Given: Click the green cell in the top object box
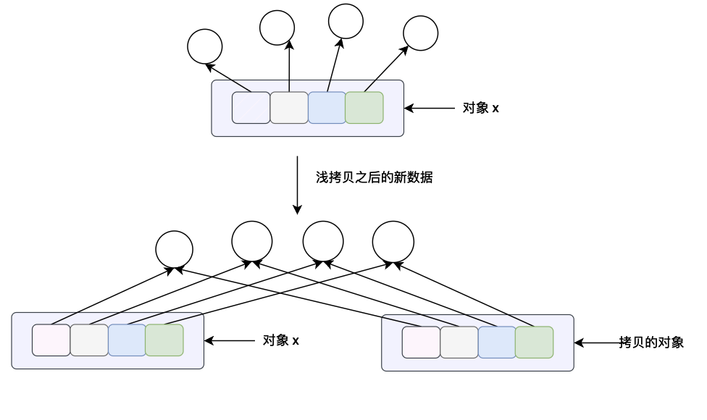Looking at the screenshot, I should click(364, 108).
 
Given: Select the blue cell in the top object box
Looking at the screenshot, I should click(327, 108).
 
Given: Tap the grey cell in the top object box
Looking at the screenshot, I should click(289, 108).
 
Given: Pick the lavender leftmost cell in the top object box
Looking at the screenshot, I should click(251, 108).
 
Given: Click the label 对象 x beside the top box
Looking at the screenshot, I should click(481, 109).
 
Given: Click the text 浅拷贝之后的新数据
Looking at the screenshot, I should click(374, 177).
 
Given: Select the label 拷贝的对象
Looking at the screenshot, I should click(651, 343).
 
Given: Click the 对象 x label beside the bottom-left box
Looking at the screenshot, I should click(281, 340).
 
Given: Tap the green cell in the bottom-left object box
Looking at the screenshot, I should click(164, 340).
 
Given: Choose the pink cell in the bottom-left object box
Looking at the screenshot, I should click(51, 340).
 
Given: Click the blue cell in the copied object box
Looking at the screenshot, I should click(497, 343).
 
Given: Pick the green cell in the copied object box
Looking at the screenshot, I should click(535, 343).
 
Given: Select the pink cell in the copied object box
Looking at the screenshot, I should click(421, 343).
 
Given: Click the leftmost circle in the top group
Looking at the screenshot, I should click(204, 46).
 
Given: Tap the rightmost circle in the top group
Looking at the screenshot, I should click(420, 33).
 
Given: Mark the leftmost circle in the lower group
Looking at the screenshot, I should click(175, 249).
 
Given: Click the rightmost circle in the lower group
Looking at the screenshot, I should click(393, 241).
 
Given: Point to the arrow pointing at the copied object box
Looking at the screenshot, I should click(598, 343).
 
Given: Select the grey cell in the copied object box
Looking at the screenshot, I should click(459, 343).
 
